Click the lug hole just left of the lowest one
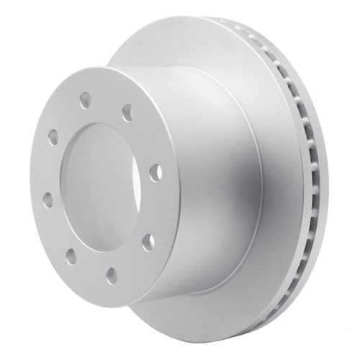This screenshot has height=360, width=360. pyautogui.click(x=71, y=253)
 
